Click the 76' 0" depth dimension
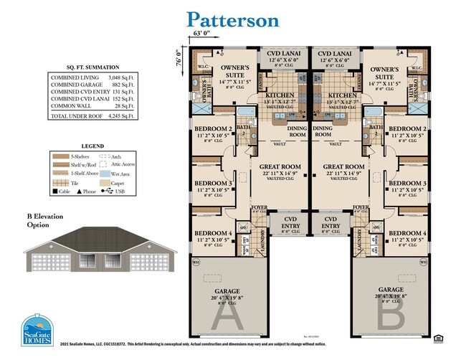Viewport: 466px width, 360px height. click(x=180, y=57)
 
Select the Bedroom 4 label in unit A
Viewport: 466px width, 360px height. click(x=214, y=234)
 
